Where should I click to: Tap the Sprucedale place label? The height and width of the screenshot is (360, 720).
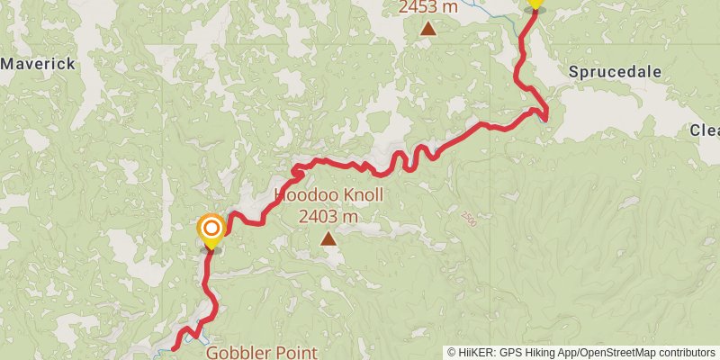pyautogui.click(x=615, y=72)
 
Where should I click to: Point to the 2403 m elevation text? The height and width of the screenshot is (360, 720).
pyautogui.click(x=328, y=216)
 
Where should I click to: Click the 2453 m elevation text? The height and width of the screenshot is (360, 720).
pyautogui.click(x=428, y=7)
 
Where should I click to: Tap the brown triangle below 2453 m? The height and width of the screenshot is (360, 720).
pyautogui.click(x=428, y=29)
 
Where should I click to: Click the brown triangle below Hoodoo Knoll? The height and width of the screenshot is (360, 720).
pyautogui.click(x=328, y=238)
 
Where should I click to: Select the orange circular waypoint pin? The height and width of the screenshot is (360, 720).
pyautogui.click(x=211, y=229)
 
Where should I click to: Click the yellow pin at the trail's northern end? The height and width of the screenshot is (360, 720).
pyautogui.click(x=535, y=4)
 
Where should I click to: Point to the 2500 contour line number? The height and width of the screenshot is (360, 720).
pyautogui.click(x=468, y=219)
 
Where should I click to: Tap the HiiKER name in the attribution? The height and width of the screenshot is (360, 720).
pyautogui.click(x=475, y=352)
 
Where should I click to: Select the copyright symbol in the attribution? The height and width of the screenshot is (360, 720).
pyautogui.click(x=452, y=352)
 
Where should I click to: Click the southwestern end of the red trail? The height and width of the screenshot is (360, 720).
pyautogui.click(x=173, y=347)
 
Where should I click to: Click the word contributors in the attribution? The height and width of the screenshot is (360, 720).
pyautogui.click(x=685, y=352)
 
